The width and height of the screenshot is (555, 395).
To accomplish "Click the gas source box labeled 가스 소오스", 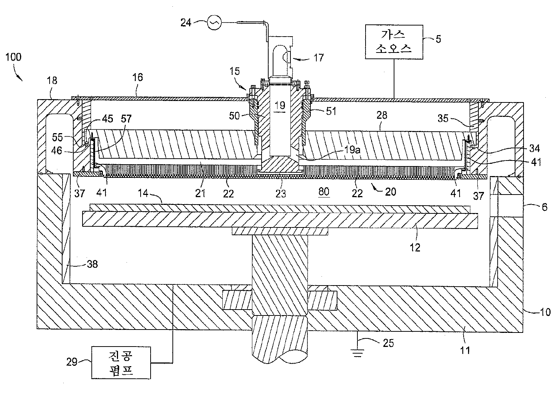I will click(393, 42).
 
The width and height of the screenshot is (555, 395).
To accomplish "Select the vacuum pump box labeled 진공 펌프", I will click(121, 362).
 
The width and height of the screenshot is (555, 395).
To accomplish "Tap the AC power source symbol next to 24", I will click(214, 23).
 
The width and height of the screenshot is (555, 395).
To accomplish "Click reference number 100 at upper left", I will click(13, 57).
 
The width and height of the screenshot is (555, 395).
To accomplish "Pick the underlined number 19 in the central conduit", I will click(280, 105).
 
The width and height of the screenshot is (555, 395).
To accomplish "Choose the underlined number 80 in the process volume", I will click(323, 191).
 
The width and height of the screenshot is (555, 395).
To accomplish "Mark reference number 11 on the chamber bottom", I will click(464, 350).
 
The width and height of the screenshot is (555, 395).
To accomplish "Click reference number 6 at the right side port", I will click(544, 207).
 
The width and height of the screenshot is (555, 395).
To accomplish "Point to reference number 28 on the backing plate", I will click(382, 115).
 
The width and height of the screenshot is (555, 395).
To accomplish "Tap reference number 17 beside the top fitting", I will click(318, 57).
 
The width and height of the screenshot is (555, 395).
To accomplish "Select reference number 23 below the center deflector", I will click(281, 193).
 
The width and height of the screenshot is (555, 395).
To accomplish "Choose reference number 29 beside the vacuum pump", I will click(72, 362).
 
